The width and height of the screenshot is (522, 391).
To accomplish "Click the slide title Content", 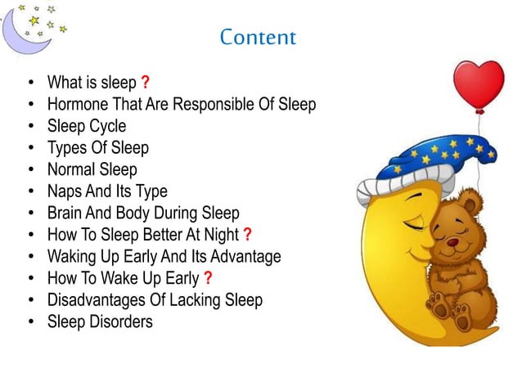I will [x=258, y=38].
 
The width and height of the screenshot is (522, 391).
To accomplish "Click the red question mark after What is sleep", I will [x=145, y=83].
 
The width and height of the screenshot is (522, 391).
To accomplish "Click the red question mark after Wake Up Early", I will [x=209, y=278].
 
